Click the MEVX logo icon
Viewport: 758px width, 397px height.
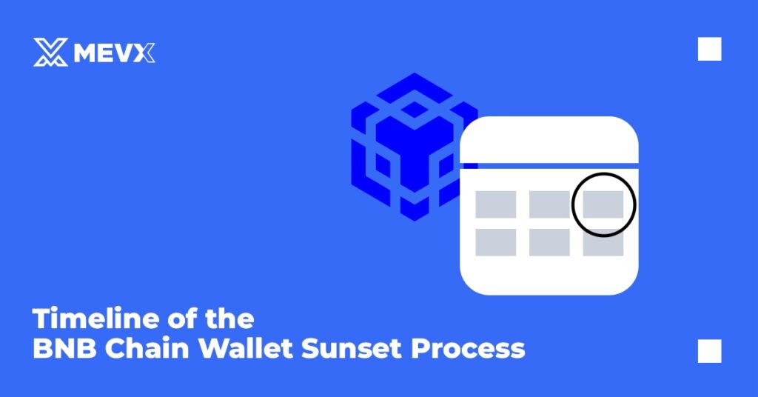click(x=50, y=52)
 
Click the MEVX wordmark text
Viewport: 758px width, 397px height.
click(x=114, y=53)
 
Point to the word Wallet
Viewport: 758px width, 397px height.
click(x=246, y=347)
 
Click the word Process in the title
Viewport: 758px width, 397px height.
click(x=468, y=349)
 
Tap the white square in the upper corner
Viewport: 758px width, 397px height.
click(x=709, y=49)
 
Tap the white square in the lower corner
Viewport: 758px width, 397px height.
click(x=709, y=351)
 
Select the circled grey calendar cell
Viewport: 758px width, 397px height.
click(x=603, y=204)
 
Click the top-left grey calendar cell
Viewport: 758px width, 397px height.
click(x=495, y=204)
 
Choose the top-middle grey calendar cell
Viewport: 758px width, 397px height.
click(x=549, y=204)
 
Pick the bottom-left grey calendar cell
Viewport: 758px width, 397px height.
click(x=495, y=242)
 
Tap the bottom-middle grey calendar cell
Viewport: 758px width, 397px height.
click(x=549, y=242)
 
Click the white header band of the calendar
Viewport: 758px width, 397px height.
click(x=549, y=140)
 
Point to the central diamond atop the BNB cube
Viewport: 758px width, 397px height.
click(x=414, y=110)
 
